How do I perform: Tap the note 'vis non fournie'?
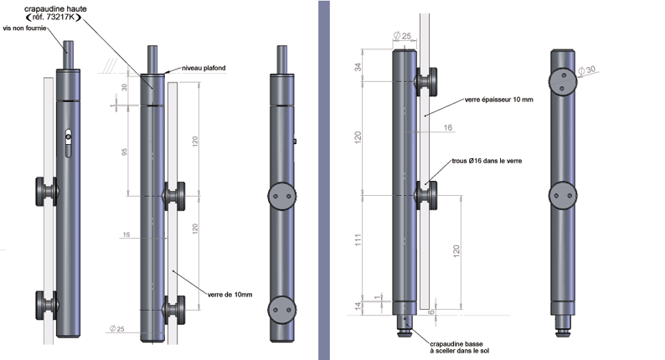[x=25, y=28]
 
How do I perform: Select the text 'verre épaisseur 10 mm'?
[x=497, y=100]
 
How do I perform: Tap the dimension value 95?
[x=124, y=152]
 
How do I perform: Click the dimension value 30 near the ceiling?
[x=123, y=87]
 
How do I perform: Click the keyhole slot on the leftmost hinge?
[x=68, y=139]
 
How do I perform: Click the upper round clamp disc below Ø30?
[x=563, y=81]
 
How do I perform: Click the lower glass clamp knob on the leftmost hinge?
[x=45, y=303]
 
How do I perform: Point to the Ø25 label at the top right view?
[x=402, y=36]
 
